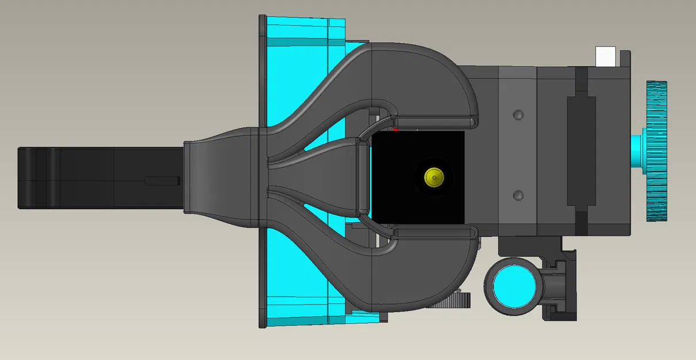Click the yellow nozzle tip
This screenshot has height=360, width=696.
click(433, 177)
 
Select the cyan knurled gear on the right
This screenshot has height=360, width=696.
click(656, 150)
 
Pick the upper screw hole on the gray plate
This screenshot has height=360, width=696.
click(518, 115)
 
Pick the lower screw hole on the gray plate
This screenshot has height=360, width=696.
click(518, 195)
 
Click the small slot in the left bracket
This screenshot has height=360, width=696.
click(159, 181)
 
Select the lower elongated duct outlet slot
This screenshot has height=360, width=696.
click(435, 232)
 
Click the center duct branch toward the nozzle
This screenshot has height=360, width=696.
click(322, 177)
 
